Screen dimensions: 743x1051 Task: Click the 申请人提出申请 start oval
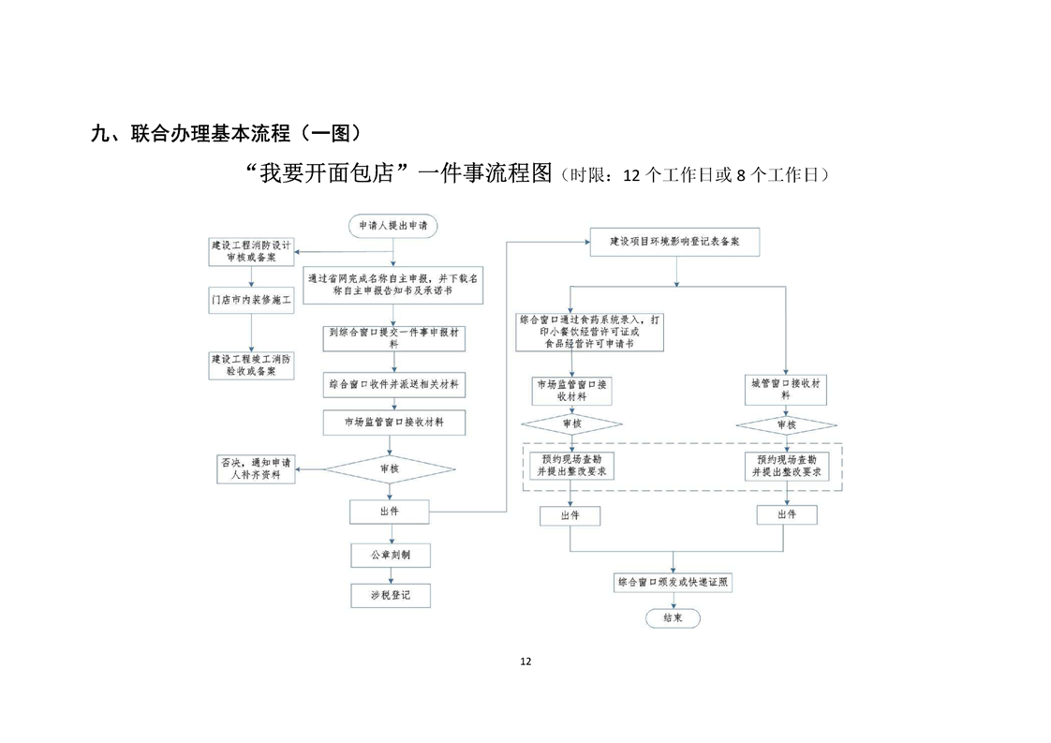click(x=392, y=226)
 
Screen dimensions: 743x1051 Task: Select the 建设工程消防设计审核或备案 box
click(x=250, y=251)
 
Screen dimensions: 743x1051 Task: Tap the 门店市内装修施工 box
click(x=250, y=302)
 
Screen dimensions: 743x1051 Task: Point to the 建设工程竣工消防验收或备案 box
click(x=250, y=364)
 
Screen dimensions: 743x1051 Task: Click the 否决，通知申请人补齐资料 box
click(x=256, y=468)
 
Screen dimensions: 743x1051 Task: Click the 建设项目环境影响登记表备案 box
click(x=674, y=242)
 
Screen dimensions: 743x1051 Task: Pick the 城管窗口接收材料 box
click(x=785, y=390)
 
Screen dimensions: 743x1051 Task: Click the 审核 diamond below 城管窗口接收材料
click(x=785, y=425)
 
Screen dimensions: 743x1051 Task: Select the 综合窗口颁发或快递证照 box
click(x=673, y=582)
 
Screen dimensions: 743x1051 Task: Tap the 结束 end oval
click(x=673, y=618)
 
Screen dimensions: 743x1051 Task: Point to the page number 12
click(x=525, y=661)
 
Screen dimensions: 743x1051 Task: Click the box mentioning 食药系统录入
click(x=589, y=332)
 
